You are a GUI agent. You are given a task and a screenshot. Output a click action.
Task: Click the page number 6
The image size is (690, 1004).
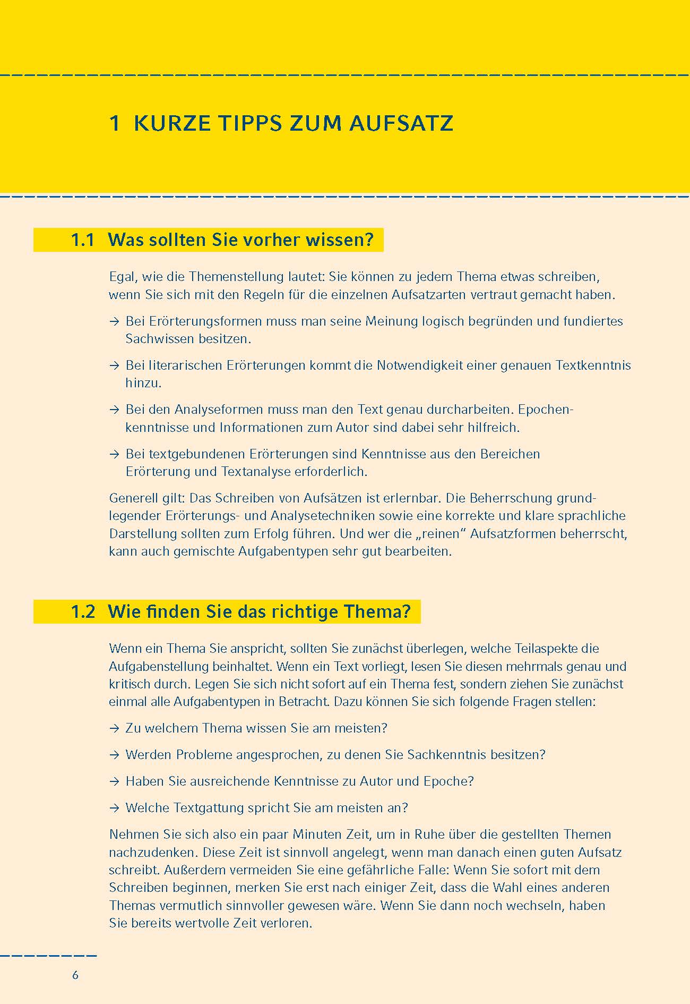pos(75,975)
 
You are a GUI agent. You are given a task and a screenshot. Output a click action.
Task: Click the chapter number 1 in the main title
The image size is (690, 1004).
pos(114,123)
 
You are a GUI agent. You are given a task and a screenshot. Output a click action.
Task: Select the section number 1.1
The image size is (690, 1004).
pos(83,240)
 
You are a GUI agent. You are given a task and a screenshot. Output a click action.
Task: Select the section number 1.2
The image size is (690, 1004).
pos(83,611)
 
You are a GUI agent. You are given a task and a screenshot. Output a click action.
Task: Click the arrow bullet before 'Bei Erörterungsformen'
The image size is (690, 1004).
pos(114,321)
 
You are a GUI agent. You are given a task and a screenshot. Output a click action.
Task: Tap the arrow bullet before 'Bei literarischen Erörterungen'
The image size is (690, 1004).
pos(114,365)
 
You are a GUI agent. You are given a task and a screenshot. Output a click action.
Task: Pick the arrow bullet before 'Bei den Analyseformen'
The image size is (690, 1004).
pos(114,410)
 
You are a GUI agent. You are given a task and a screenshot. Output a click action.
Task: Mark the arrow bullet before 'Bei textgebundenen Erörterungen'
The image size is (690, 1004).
pos(114,454)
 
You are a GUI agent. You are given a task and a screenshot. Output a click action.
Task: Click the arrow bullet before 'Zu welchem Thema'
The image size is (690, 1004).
pos(114,728)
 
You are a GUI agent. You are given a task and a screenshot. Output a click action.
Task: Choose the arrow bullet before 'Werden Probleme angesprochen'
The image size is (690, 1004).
pos(114,755)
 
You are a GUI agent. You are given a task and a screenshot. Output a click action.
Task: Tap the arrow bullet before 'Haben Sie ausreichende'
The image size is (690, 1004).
pos(114,781)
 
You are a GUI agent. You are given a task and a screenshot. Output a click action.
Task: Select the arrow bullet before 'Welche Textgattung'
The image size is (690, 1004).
pos(114,808)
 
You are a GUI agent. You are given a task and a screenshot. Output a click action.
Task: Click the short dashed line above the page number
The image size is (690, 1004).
pos(48,956)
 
